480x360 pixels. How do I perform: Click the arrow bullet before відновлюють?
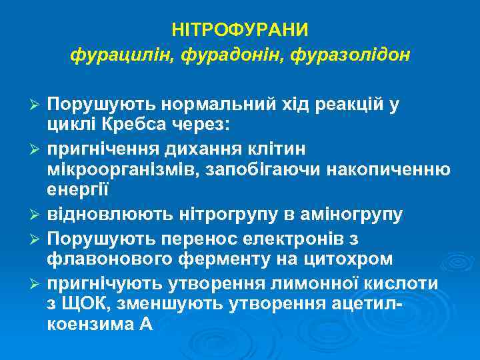point(37,215)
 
